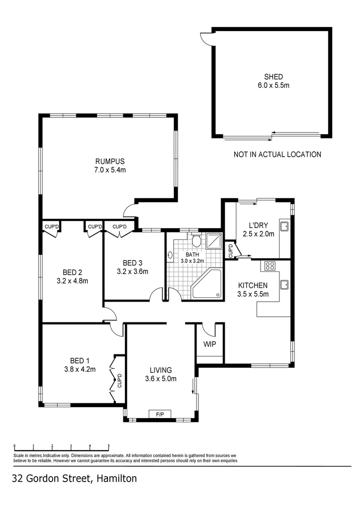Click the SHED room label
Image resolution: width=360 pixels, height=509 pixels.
pos(273,77)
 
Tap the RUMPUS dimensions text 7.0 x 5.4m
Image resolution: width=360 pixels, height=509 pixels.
pos(110,170)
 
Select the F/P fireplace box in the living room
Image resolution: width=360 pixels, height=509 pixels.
pos(160,414)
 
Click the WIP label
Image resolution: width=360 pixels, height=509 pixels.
pos(210,344)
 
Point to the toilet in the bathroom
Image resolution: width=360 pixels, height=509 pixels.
pos(196,241)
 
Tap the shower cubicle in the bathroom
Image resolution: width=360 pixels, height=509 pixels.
pos(214,241)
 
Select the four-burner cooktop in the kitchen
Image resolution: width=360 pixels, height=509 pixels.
pos(270,266)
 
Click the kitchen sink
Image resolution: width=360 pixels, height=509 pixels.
pos(285,284)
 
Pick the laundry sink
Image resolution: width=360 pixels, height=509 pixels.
pos(285,226)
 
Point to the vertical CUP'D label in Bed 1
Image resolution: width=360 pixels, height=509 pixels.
pos(120,380)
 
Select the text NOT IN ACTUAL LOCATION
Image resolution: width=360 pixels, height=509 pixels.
pos(278,154)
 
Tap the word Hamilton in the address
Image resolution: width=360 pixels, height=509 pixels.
pos(117,479)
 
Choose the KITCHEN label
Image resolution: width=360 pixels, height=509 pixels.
pos(253,286)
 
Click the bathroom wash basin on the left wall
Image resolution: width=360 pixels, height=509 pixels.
pos(170,255)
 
